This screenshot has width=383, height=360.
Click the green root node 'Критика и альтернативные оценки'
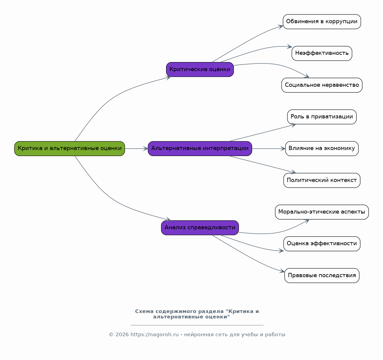point(69,149)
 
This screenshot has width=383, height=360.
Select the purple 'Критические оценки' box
point(200,69)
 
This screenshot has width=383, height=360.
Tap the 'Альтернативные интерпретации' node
point(200,149)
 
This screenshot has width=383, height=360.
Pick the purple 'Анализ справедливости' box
point(200,228)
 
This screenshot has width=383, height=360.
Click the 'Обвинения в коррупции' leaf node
point(322,22)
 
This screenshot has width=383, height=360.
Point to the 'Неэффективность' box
point(322,53)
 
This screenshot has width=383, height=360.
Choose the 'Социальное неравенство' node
point(322,85)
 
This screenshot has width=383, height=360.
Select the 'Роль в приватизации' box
point(322,117)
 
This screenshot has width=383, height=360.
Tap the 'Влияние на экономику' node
point(322,149)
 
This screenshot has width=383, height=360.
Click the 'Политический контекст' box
point(322,180)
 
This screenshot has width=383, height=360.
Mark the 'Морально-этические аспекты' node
point(322,212)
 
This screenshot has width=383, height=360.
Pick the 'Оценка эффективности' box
point(322,244)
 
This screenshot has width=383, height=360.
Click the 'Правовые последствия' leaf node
point(322,275)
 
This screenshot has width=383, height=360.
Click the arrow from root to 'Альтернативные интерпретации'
point(136,149)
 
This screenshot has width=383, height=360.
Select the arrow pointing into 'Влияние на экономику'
point(269,149)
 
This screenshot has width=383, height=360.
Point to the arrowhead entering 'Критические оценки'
point(168,78)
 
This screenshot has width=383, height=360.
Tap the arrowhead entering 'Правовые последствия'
point(282,271)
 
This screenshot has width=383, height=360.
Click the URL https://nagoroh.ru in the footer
point(154,334)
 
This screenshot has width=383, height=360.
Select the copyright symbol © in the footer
point(111,334)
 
